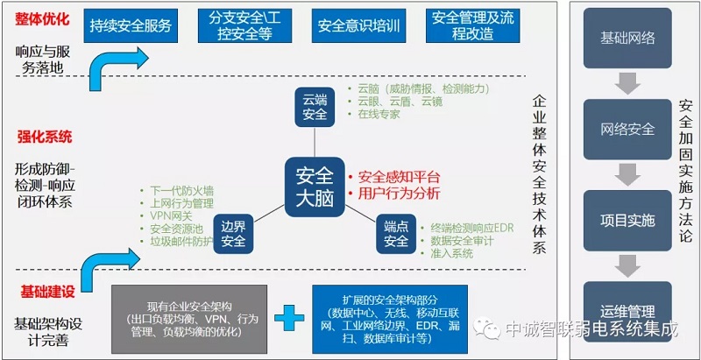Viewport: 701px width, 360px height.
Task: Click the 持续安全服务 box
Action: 131,25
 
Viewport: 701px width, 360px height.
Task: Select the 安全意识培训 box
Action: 358,25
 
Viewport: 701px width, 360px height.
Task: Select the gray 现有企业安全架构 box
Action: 188,316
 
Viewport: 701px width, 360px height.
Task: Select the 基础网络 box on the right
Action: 627,39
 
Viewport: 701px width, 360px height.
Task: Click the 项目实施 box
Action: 627,220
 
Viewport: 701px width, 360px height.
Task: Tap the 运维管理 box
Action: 627,310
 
